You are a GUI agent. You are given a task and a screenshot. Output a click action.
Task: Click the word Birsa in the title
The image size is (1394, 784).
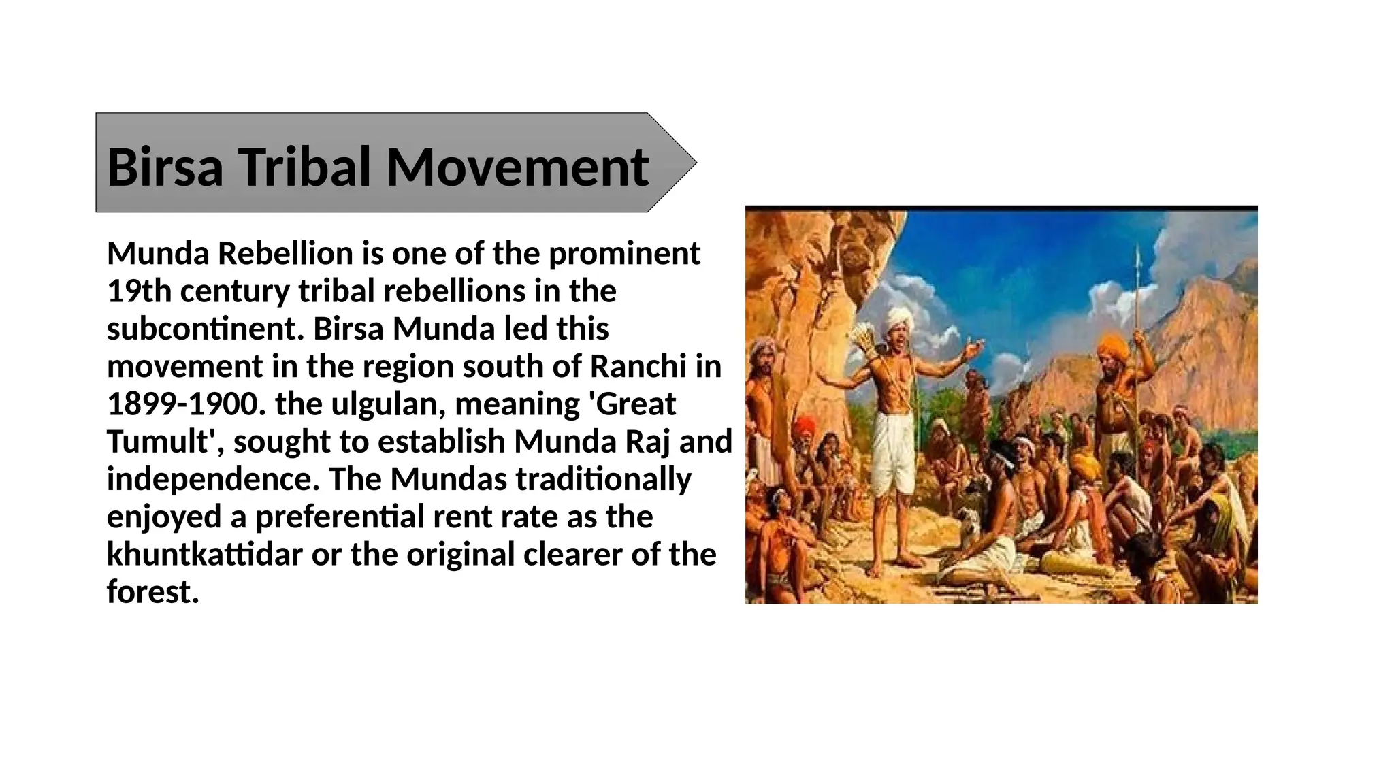tap(165, 167)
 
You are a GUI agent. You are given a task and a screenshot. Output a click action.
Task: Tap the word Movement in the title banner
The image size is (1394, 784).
tap(517, 167)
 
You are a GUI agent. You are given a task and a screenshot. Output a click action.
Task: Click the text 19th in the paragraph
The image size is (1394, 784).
tap(139, 291)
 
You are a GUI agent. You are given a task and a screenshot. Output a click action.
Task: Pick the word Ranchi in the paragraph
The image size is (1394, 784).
tap(638, 367)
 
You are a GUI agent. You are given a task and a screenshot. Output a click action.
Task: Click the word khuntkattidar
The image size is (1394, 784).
tap(204, 555)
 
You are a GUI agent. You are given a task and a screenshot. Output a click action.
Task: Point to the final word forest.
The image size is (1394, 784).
tap(152, 592)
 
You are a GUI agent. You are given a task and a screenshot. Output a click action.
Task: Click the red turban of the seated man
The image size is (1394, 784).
tap(805, 425)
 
